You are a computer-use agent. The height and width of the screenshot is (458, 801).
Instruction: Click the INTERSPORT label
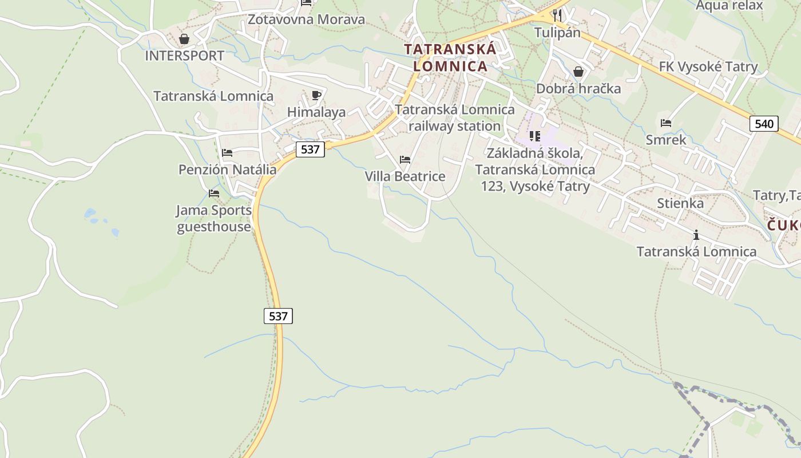point(184,56)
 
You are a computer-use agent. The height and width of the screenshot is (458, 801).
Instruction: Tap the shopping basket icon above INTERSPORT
point(184,39)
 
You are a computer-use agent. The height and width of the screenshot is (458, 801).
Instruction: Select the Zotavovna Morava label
point(306,19)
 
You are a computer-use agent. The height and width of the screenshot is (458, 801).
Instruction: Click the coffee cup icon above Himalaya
point(316,95)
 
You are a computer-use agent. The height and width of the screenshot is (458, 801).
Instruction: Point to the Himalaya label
point(316,112)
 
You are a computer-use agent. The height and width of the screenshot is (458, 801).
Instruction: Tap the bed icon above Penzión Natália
point(227,153)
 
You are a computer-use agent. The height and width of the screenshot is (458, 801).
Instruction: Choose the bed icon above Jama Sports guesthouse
point(214,194)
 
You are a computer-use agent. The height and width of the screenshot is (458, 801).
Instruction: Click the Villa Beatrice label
point(405,176)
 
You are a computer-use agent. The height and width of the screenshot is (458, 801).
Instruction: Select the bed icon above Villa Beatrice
point(405,160)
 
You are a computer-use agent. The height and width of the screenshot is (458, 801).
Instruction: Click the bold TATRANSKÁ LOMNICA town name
point(450,57)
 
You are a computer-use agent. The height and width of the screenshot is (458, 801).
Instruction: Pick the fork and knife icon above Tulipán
point(557,15)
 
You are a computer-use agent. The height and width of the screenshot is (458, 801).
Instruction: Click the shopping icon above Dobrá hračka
point(578,72)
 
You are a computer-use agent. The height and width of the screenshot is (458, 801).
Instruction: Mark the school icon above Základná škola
point(535,136)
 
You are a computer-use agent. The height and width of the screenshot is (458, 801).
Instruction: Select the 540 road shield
point(764,124)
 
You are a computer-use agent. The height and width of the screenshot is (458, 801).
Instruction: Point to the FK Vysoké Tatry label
point(708,67)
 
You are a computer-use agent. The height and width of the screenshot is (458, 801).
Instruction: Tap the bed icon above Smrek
point(665,123)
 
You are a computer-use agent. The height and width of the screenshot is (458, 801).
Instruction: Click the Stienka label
point(680,203)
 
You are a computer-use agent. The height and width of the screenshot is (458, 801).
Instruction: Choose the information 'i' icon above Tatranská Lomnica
point(696,235)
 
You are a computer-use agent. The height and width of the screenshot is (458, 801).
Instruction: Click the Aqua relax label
point(729,6)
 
